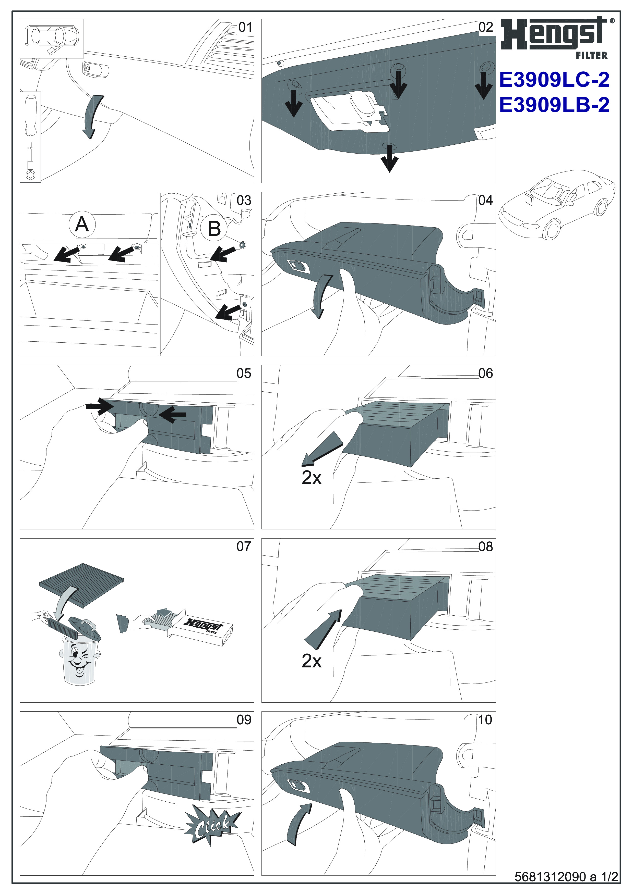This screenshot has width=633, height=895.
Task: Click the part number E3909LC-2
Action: (554, 80)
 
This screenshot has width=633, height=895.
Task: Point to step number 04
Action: (486, 200)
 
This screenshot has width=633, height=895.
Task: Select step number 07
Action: (244, 546)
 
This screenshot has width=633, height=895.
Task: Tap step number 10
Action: (485, 719)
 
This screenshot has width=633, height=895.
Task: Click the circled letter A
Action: (81, 225)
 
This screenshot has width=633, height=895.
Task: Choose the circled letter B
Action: (214, 229)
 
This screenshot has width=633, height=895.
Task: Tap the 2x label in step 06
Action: (311, 478)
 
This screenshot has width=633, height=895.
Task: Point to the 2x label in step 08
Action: (311, 661)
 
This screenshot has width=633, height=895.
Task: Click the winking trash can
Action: (79, 659)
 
